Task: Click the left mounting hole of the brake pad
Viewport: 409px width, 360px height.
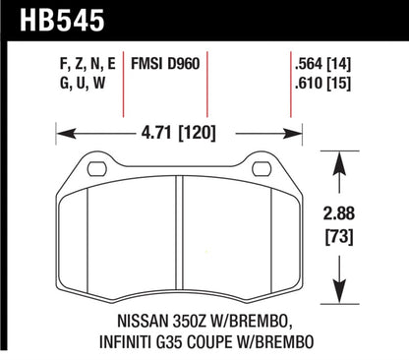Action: tap(95, 169)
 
